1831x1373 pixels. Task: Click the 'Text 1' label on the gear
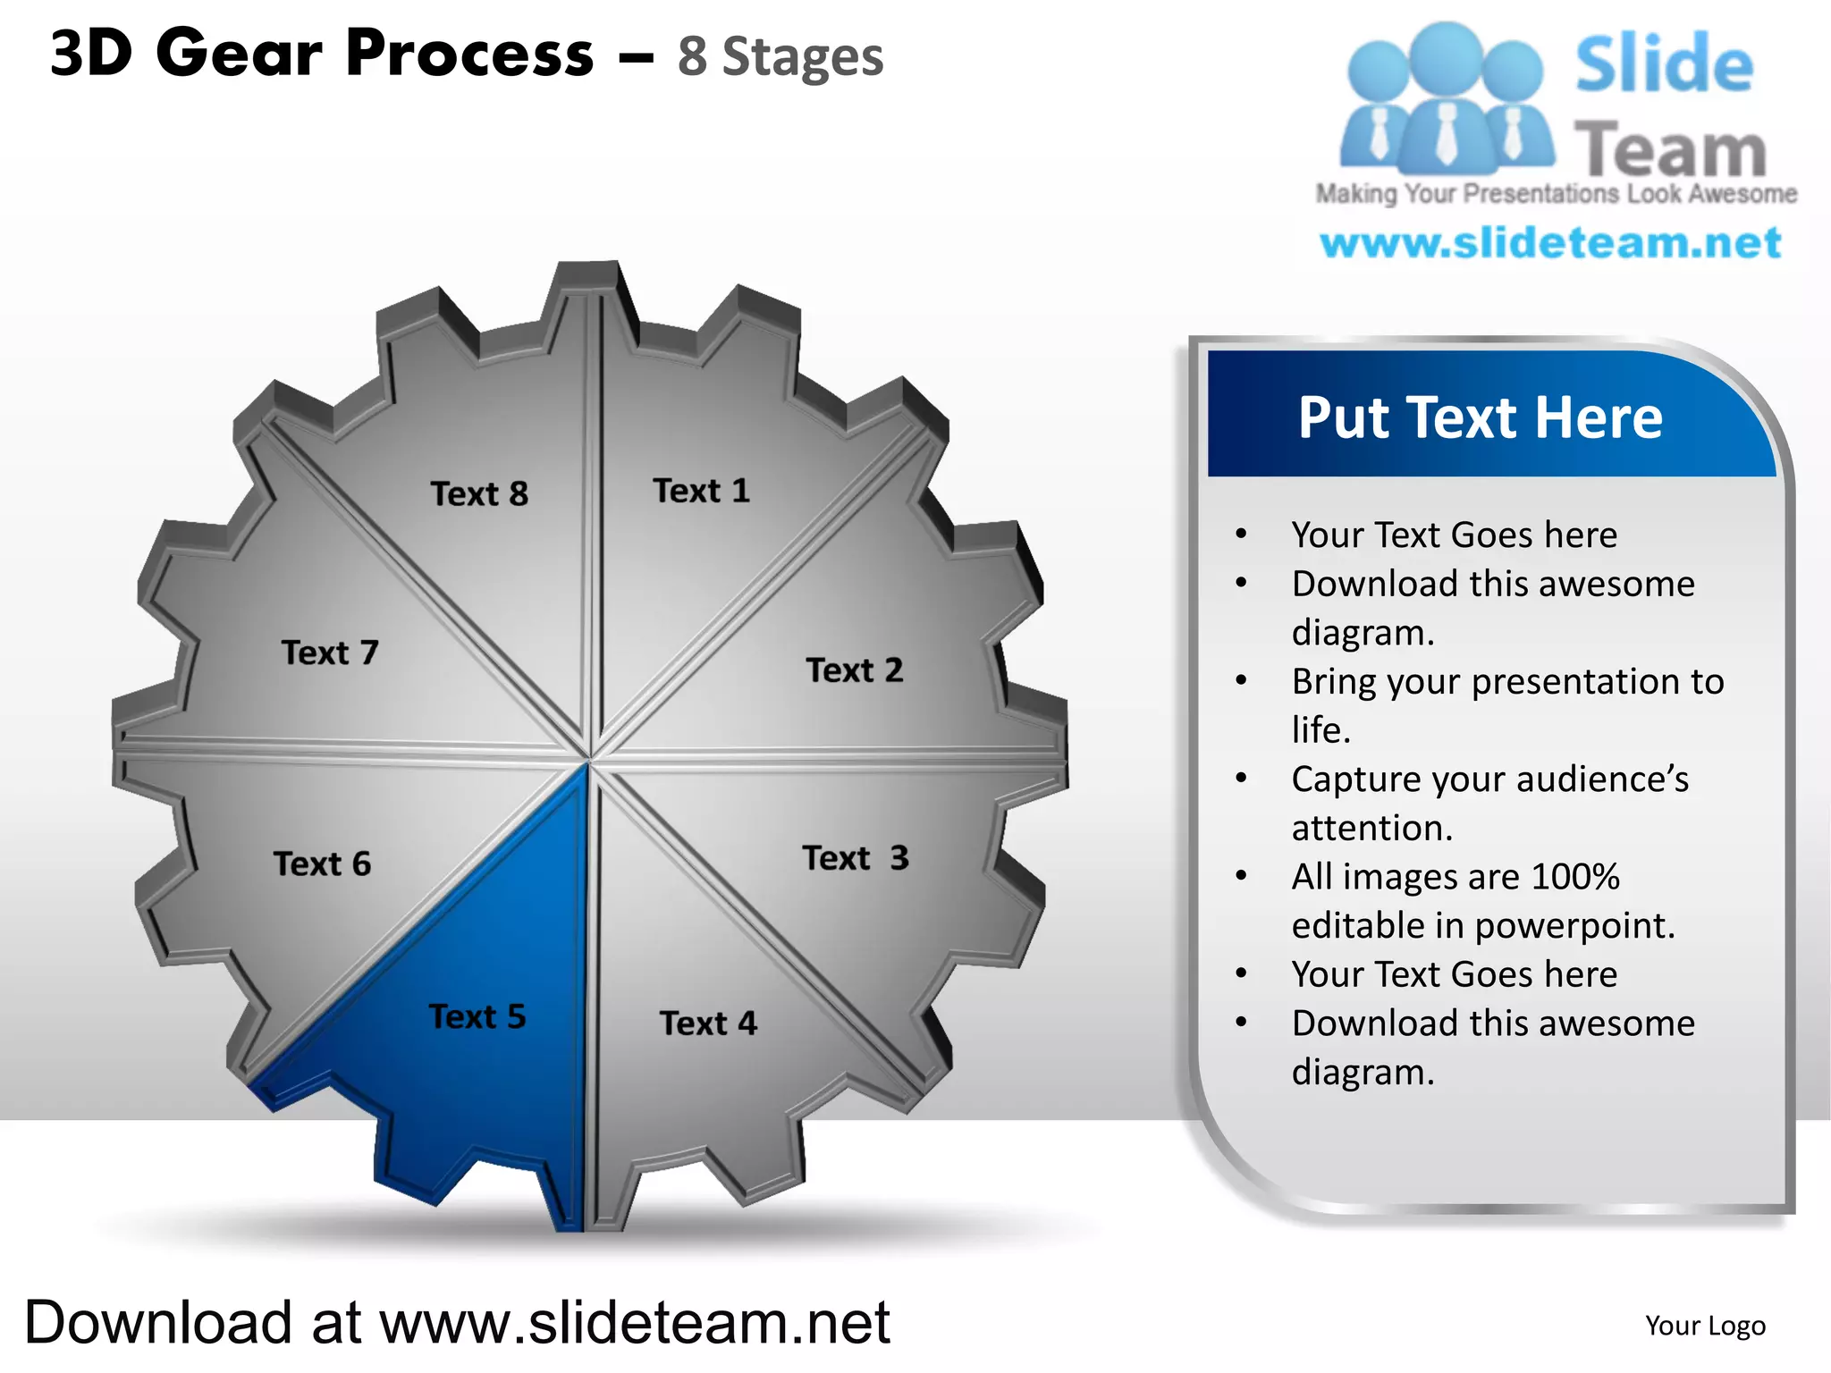(x=702, y=491)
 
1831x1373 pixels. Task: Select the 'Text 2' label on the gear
(x=855, y=670)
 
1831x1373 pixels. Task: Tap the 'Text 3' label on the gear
(x=856, y=858)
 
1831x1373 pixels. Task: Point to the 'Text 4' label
(x=708, y=1023)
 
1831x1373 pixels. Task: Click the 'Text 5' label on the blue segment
(x=477, y=1016)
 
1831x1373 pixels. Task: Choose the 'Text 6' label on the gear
(x=322, y=863)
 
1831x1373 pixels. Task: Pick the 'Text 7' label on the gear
(x=330, y=653)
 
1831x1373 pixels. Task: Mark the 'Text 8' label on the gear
(x=479, y=493)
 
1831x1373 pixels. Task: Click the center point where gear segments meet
(x=590, y=760)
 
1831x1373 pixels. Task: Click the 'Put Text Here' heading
(x=1481, y=417)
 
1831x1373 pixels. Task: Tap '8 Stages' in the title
(x=780, y=57)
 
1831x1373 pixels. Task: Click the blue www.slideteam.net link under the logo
(x=1550, y=243)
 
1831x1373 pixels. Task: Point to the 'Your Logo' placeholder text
(x=1705, y=1325)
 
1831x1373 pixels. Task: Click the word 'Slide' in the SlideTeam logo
(x=1664, y=64)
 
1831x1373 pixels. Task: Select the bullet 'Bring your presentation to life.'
(x=1507, y=705)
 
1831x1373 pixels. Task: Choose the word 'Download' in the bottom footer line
(x=158, y=1322)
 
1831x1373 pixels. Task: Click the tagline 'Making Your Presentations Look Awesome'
(x=1556, y=194)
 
